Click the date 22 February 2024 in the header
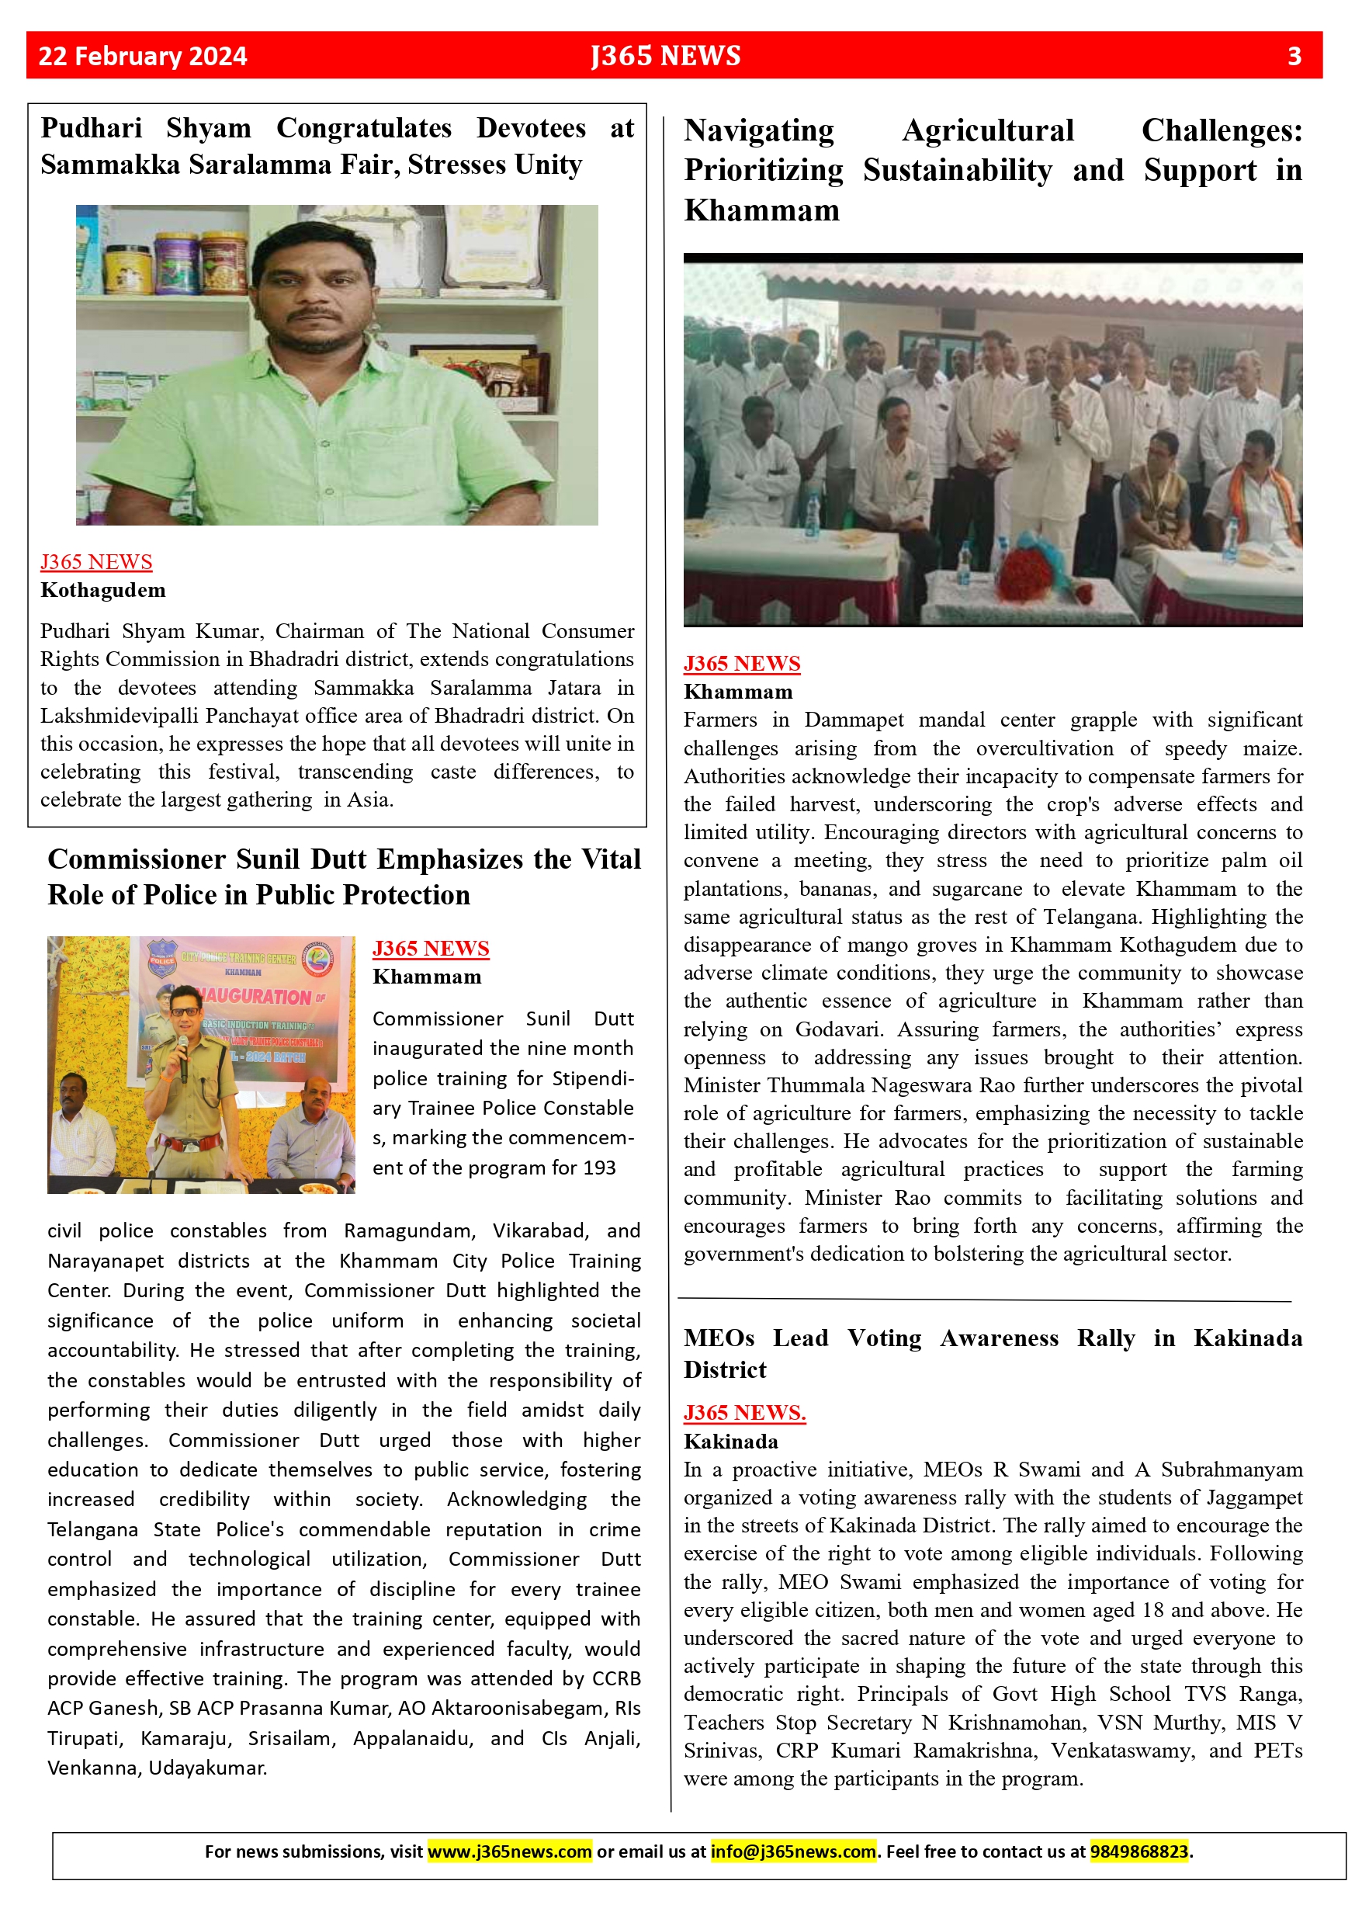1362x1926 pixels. [143, 56]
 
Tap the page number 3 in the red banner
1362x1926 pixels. [1294, 56]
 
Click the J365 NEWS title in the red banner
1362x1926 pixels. [666, 56]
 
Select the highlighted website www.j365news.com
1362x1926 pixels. [510, 1851]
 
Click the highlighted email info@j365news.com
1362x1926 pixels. [793, 1851]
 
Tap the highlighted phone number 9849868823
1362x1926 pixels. [1139, 1851]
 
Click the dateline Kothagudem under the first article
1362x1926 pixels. [103, 590]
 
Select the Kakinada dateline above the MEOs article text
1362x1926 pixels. [730, 1441]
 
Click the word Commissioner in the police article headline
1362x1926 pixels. [136, 859]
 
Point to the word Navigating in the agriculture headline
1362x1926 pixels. [759, 131]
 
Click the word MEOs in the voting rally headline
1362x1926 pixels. [719, 1338]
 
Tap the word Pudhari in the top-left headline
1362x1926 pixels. [92, 128]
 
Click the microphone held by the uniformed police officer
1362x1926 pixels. [183, 1053]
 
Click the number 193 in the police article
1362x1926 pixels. [599, 1168]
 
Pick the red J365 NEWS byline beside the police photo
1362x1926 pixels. [430, 949]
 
